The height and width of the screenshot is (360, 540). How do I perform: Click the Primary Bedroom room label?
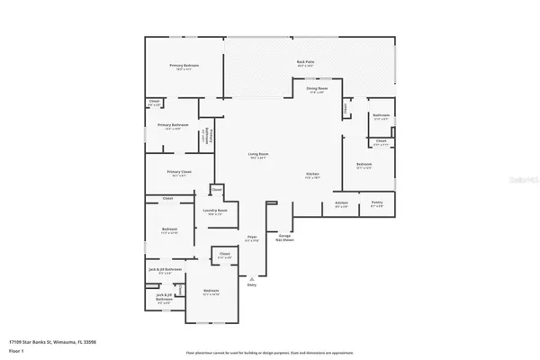coord(184,66)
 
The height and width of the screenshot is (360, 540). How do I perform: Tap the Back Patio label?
coord(305,62)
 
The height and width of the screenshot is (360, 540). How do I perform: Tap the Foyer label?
coord(253,238)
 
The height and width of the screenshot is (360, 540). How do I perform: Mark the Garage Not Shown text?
coord(283,238)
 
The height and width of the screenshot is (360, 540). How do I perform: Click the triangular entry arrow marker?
coord(252,276)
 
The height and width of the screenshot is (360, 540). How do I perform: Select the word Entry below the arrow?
coord(252,284)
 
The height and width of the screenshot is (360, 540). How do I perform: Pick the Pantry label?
coord(377,202)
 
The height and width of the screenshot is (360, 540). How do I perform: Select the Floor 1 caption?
coord(16,349)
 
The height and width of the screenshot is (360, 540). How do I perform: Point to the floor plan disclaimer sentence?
coord(269,352)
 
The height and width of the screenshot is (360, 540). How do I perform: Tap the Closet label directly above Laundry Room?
coord(217,190)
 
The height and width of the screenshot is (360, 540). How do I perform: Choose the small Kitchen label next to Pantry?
coord(342,202)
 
